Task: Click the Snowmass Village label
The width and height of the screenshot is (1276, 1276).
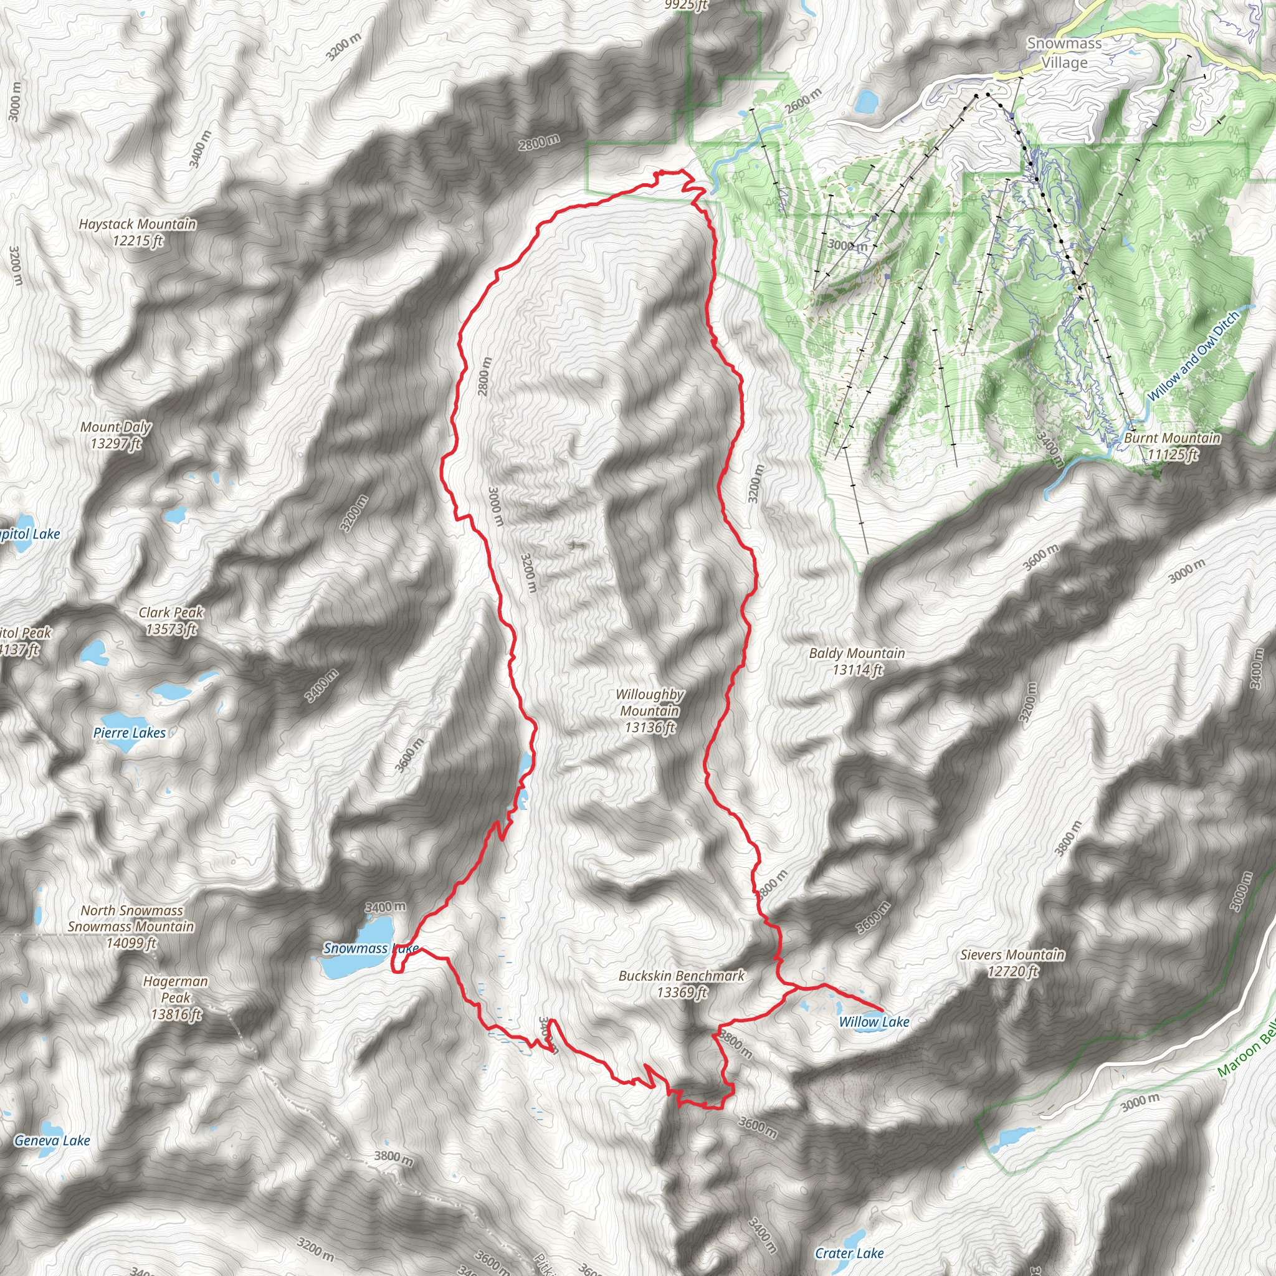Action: tap(1064, 53)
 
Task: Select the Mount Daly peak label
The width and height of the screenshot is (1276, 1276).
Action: tap(116, 436)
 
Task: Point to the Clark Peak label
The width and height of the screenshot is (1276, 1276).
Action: tap(171, 621)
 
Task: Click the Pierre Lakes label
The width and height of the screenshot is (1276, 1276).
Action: tap(130, 733)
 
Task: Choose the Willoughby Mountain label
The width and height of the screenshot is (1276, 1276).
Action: tap(650, 711)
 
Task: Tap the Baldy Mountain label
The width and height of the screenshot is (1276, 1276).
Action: tap(857, 661)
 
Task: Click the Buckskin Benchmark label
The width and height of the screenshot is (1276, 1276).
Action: tap(682, 983)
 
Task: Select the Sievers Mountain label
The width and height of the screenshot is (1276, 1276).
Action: tap(1012, 962)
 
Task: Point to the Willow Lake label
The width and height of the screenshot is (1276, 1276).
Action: tap(874, 1022)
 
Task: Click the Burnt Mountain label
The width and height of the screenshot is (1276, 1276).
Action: tap(1173, 446)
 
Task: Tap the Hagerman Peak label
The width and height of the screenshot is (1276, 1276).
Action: tap(176, 997)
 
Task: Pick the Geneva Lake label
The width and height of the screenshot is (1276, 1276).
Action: tap(52, 1141)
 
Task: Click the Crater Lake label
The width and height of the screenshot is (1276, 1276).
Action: tap(849, 1253)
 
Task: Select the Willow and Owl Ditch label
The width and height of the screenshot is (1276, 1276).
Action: tap(1193, 356)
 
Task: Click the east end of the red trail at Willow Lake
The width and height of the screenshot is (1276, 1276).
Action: tap(882, 1010)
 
